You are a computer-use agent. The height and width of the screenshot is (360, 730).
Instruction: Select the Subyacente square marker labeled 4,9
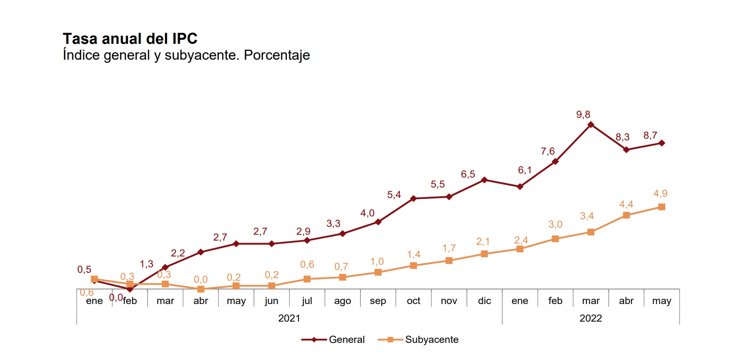[x=662, y=207]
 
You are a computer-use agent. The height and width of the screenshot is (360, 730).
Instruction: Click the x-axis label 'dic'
[x=484, y=301]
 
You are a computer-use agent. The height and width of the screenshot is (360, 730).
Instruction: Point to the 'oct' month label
[x=413, y=301]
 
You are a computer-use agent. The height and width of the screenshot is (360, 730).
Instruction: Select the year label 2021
[x=289, y=318]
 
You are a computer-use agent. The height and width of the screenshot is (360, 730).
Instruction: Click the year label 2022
[x=591, y=318]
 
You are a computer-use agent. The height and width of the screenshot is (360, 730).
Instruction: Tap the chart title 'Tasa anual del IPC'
[x=130, y=38]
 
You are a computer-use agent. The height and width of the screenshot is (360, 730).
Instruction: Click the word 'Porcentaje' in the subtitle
[x=277, y=55]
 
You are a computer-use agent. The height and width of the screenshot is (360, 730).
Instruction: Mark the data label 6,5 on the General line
[x=468, y=174]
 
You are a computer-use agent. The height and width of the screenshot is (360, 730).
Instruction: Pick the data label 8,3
[x=622, y=137]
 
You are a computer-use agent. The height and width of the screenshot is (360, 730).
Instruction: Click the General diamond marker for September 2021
[x=378, y=222]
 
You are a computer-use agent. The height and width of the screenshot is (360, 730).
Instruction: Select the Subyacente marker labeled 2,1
[x=484, y=254]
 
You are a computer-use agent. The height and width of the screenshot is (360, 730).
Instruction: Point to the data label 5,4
[x=394, y=195]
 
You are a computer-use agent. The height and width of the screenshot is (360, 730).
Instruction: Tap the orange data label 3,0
[x=555, y=224]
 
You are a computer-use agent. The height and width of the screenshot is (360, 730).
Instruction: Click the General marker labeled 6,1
[x=520, y=187]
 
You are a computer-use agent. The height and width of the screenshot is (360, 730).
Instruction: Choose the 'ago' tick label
[x=342, y=301]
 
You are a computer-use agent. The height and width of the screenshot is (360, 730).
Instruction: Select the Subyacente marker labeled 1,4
[x=413, y=266]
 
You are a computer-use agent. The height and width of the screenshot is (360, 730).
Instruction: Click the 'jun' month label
[x=271, y=301]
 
